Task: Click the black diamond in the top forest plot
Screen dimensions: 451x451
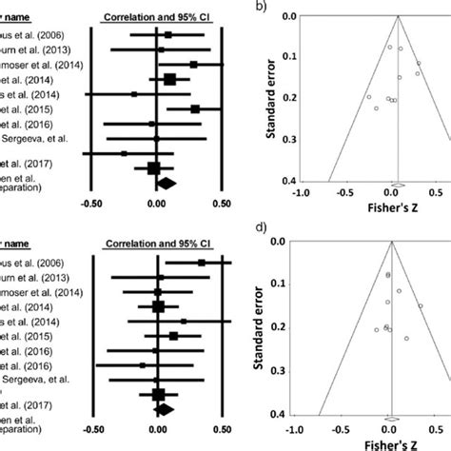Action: pyautogui.click(x=166, y=183)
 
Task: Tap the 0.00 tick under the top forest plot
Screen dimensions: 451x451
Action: pyautogui.click(x=156, y=203)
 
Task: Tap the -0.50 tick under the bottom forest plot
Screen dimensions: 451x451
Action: pyautogui.click(x=92, y=428)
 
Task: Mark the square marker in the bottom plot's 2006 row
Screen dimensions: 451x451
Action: pyautogui.click(x=202, y=262)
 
